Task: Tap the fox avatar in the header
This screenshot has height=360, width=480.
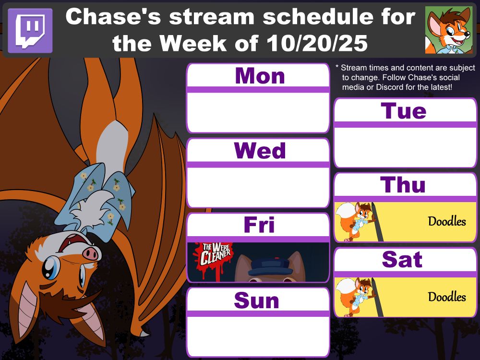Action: [x=449, y=30]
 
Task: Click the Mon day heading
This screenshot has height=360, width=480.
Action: [x=259, y=76]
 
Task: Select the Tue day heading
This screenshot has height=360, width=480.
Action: [x=404, y=111]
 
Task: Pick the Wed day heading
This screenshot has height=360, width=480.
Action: [x=260, y=151]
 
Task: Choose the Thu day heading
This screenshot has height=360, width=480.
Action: [x=403, y=185]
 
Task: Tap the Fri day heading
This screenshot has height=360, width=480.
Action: [x=259, y=225]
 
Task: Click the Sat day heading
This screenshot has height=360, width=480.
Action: [x=402, y=260]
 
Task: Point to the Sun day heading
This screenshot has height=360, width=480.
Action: [x=256, y=300]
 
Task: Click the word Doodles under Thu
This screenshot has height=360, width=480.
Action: [x=447, y=221]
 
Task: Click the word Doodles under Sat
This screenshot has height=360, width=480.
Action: [x=447, y=297]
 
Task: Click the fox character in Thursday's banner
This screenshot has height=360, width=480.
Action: [x=358, y=221]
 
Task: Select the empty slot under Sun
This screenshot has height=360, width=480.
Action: [x=258, y=336]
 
